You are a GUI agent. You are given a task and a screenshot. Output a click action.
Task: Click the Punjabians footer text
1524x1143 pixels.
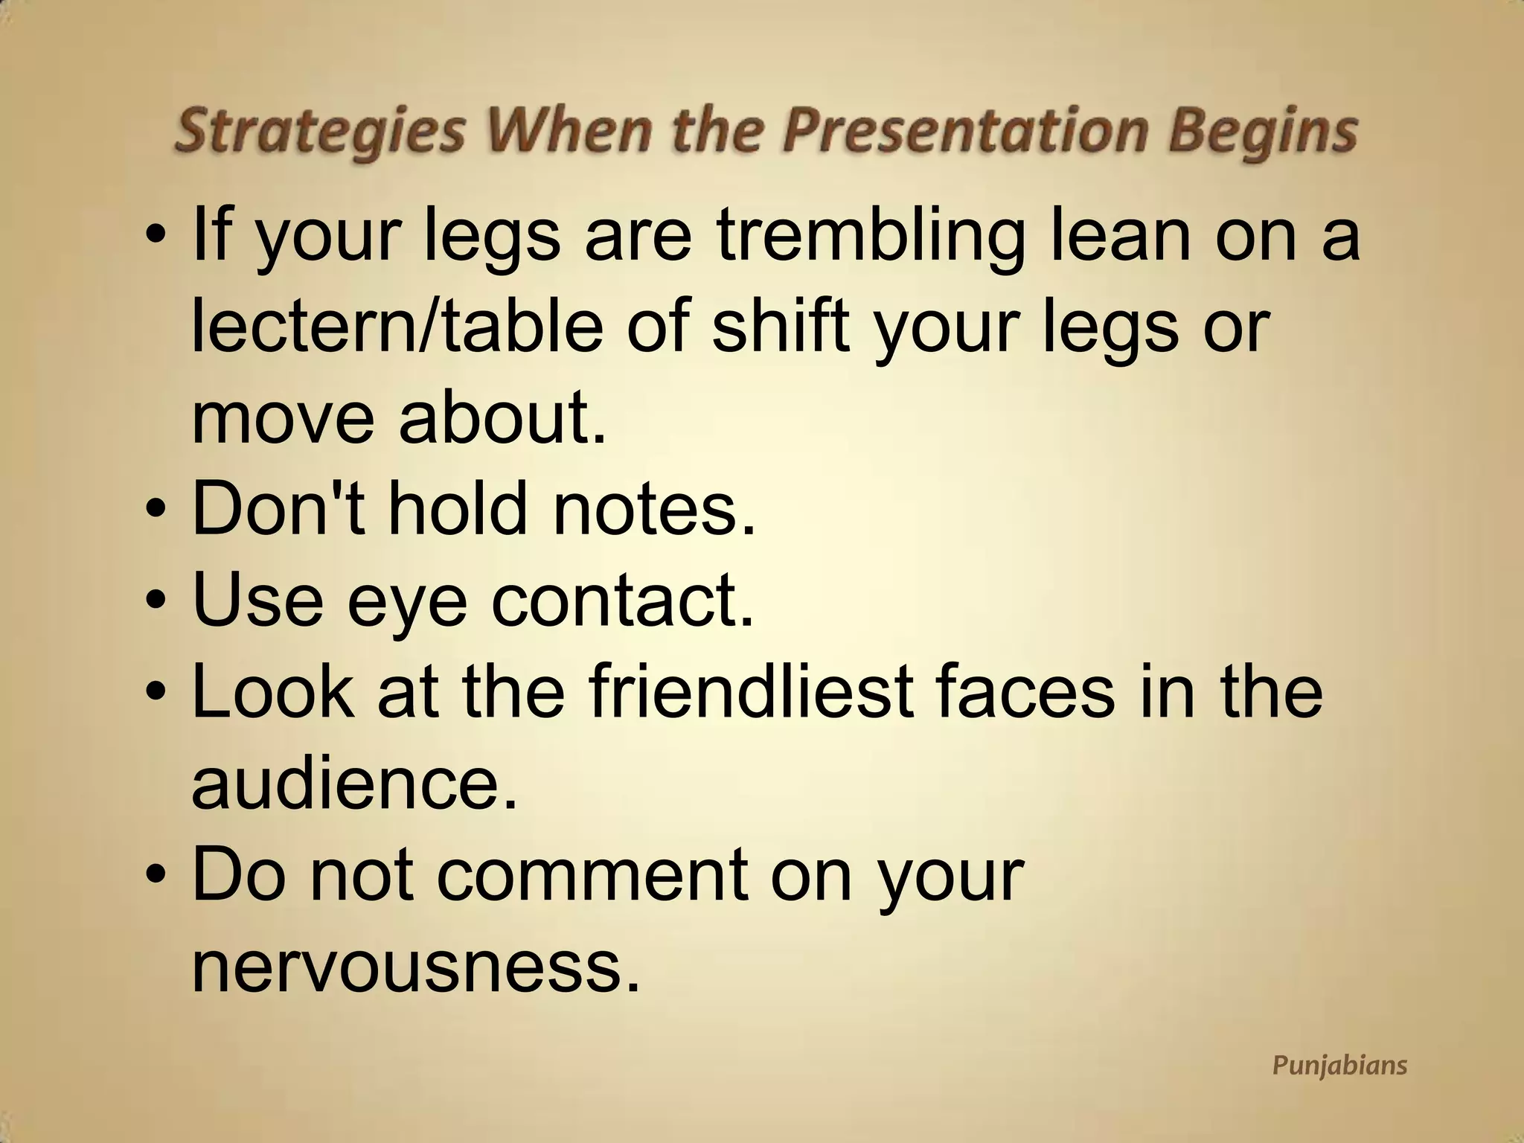[1339, 1065]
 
